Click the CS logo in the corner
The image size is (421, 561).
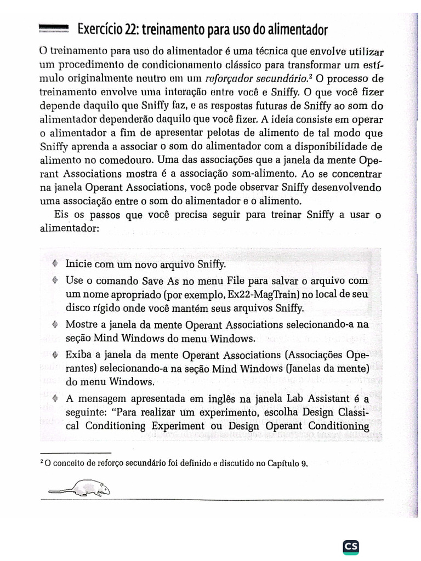(351, 547)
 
